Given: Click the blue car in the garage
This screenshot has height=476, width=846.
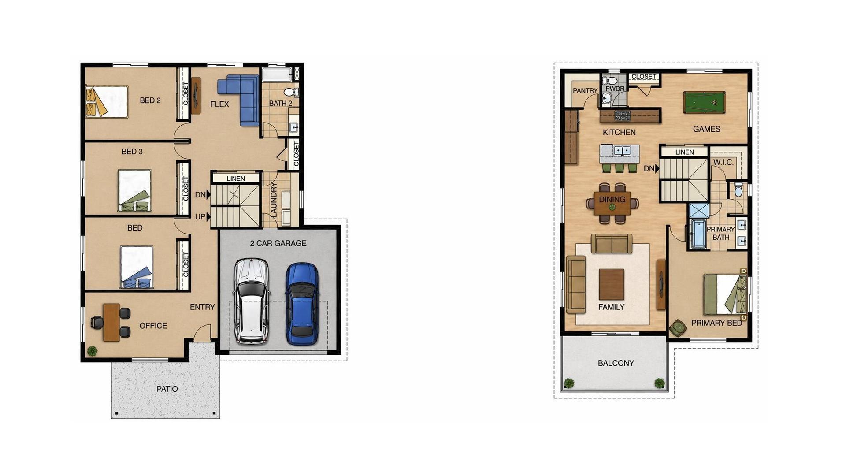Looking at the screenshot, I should [302, 304].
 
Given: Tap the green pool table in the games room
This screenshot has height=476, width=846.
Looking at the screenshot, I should [704, 102].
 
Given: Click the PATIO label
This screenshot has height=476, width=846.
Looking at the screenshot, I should [167, 389].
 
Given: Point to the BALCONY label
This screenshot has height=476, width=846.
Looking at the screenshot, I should [616, 363].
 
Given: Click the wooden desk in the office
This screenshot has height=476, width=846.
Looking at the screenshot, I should [111, 322].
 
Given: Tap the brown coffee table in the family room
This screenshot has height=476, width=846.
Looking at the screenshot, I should [611, 284].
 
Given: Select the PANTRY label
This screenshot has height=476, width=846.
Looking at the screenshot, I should [585, 91].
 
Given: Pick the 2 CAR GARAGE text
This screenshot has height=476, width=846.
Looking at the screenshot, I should [278, 243].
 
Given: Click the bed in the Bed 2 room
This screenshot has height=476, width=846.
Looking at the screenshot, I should [107, 101].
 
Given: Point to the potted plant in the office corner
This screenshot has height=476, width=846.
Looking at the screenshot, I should [92, 351].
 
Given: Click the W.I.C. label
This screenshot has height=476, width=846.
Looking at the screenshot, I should [723, 162].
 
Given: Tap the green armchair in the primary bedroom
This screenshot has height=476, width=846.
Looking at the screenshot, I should [677, 328].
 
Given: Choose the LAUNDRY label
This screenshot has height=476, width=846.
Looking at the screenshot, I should [273, 200].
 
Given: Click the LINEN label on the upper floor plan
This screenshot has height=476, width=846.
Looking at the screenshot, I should [684, 152].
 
